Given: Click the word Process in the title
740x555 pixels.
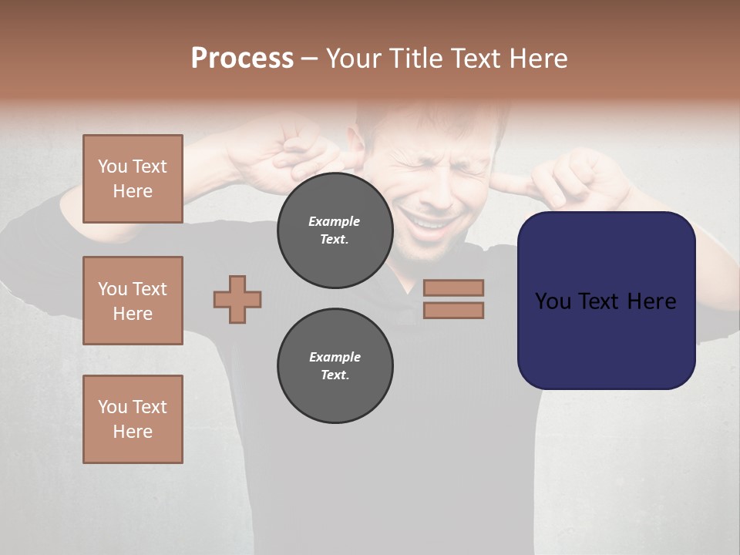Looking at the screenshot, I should [242, 59].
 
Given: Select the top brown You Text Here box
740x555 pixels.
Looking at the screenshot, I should [133, 179].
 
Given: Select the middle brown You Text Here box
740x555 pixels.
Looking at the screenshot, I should [133, 301].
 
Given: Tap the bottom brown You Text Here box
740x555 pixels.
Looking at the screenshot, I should [133, 419].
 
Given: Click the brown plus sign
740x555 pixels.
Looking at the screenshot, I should [237, 299].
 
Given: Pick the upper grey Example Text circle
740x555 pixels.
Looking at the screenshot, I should [335, 230].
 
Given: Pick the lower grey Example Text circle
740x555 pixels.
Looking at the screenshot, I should [335, 366].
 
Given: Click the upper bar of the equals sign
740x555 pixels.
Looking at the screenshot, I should [453, 288].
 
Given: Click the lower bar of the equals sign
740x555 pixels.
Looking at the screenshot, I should [453, 310].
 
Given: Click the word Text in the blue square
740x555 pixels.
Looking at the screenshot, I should [600, 301].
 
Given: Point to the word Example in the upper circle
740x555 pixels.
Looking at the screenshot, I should [335, 221].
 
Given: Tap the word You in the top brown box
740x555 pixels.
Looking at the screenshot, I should [113, 166].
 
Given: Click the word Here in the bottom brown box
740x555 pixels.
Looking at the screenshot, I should [133, 432].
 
